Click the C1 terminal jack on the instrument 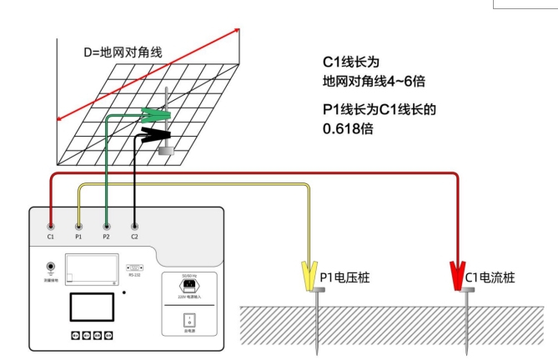[52, 226]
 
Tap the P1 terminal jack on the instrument [79, 226]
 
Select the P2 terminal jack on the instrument [107, 226]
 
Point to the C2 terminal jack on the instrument [135, 226]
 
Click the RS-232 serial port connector [133, 267]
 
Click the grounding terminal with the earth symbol [51, 268]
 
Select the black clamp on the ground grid [154, 133]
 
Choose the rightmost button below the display [108, 336]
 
